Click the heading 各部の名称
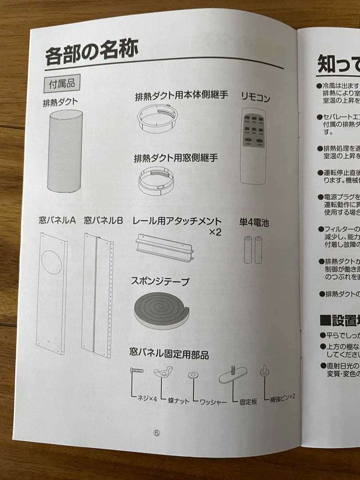(x=92, y=51)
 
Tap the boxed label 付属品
(x=62, y=83)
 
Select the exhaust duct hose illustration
(x=65, y=151)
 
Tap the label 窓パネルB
(x=103, y=220)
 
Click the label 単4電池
(x=254, y=223)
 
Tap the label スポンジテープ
(x=160, y=281)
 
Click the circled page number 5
(x=156, y=433)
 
